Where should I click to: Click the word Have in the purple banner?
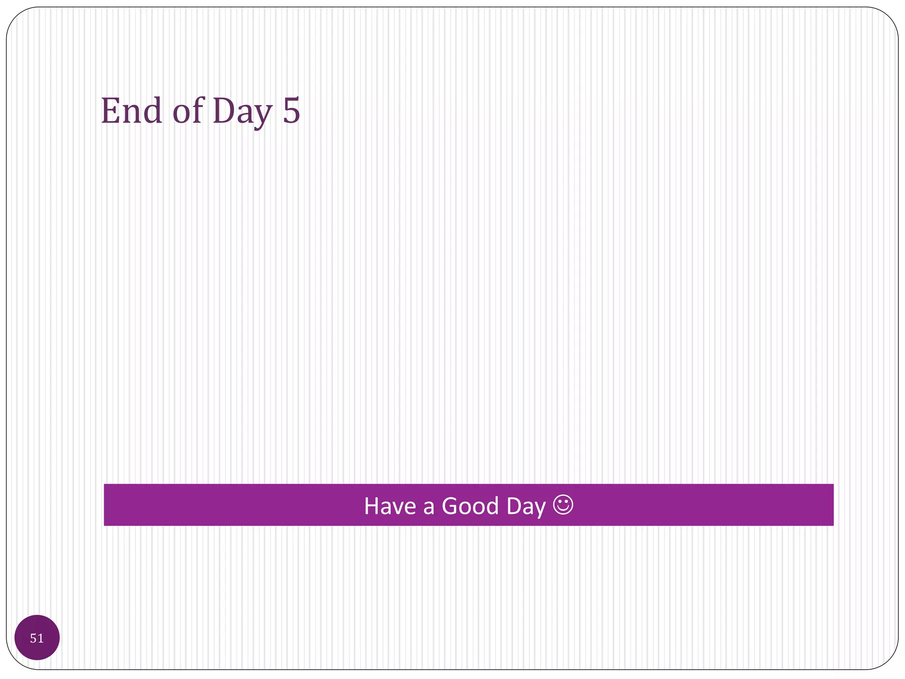(390, 506)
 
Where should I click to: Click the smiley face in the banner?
(563, 505)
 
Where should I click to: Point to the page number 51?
(37, 638)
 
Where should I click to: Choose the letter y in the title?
(262, 116)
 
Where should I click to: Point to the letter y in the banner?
(540, 509)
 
